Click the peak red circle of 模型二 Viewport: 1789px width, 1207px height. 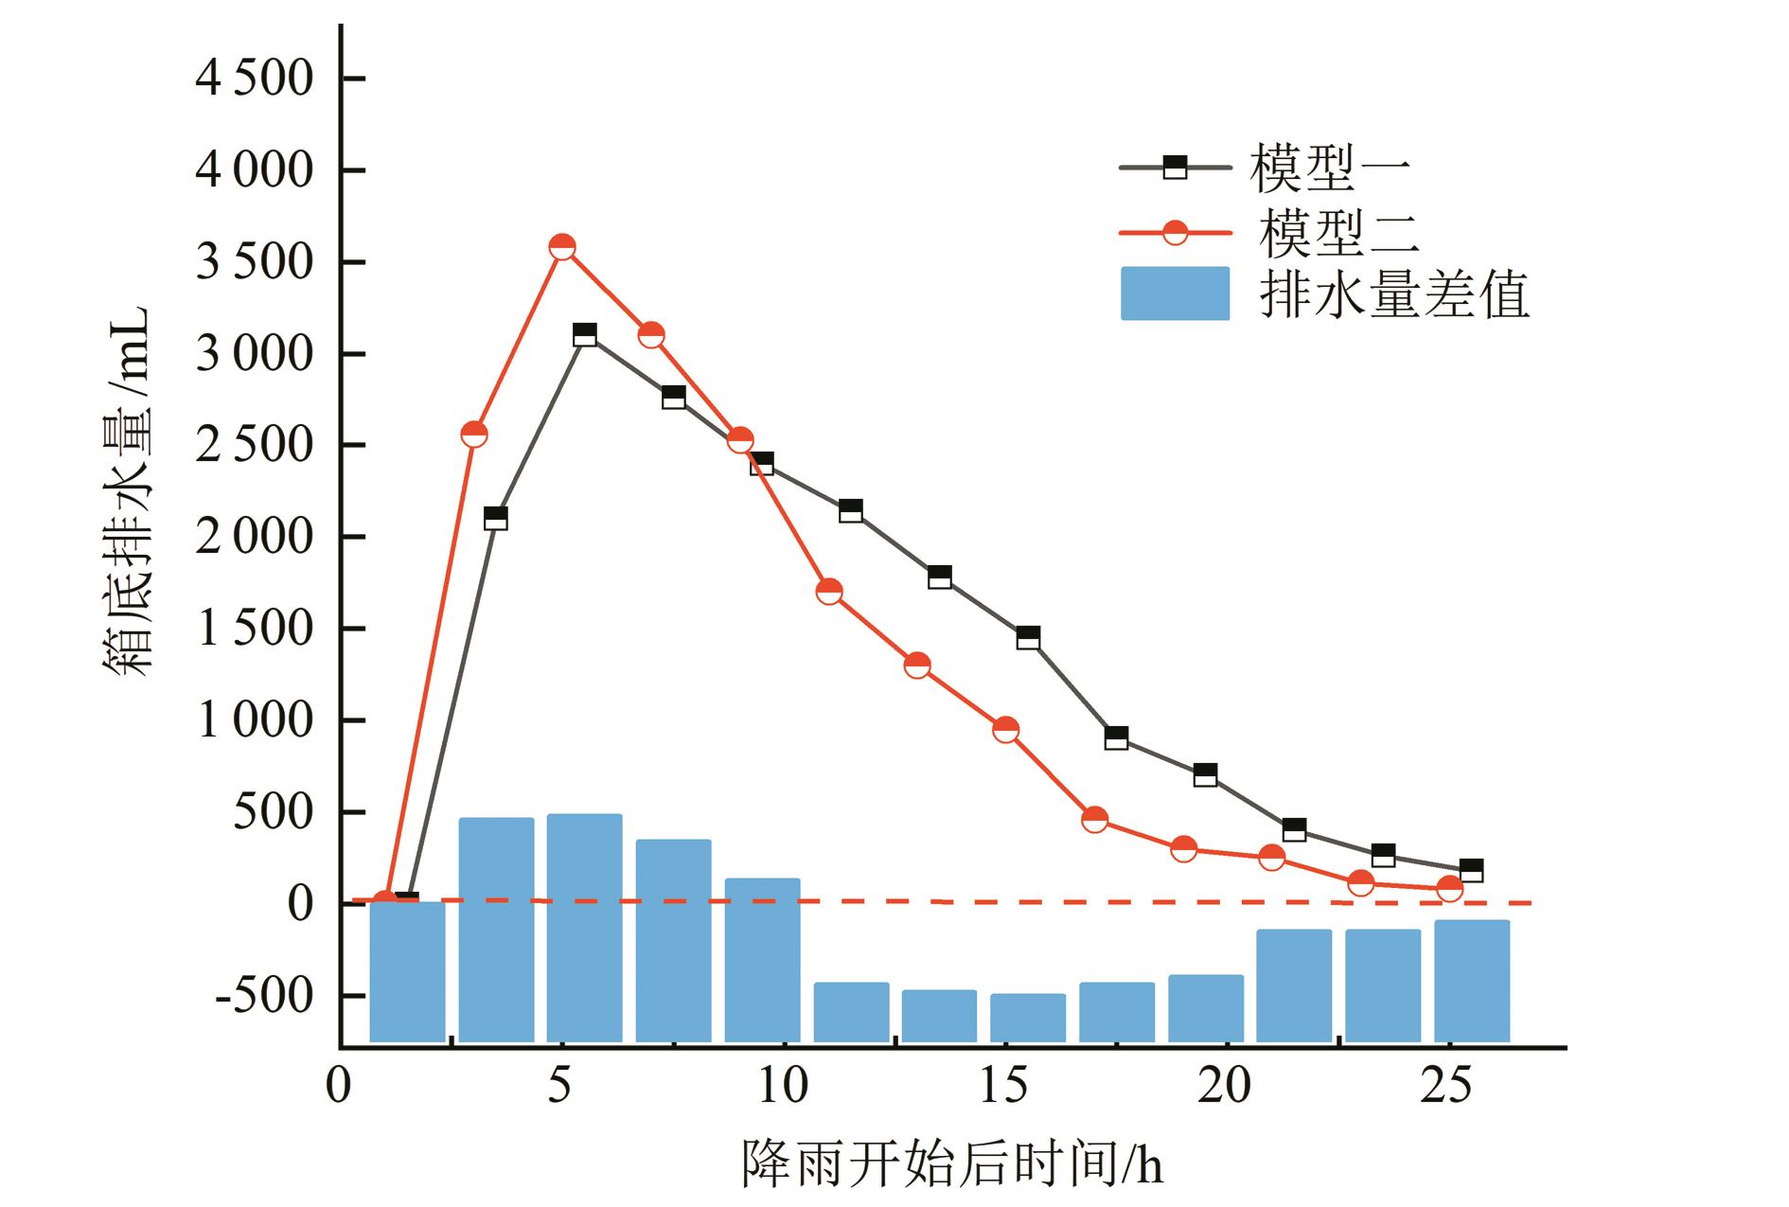pyautogui.click(x=562, y=247)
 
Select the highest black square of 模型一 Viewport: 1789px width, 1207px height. pyautogui.click(x=585, y=334)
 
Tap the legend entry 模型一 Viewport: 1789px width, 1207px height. pyautogui.click(x=1330, y=169)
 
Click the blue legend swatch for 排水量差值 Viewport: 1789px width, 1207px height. pyautogui.click(x=1175, y=293)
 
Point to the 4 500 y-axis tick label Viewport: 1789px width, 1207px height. pyautogui.click(x=254, y=79)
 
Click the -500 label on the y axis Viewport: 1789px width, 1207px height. pyautogui.click(x=263, y=996)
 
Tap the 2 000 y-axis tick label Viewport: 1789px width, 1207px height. pyautogui.click(x=254, y=538)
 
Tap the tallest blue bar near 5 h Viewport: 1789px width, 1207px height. pyautogui.click(x=584, y=928)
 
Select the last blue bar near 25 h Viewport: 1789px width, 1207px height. pyautogui.click(x=1471, y=981)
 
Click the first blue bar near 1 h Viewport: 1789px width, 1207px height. pyautogui.click(x=407, y=971)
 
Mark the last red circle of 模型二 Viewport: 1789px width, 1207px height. pyautogui.click(x=1449, y=888)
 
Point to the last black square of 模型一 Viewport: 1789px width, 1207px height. pyautogui.click(x=1471, y=870)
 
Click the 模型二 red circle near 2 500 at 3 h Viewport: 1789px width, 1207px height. pyautogui.click(x=474, y=435)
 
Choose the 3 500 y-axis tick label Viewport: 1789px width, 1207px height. pyautogui.click(x=254, y=262)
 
